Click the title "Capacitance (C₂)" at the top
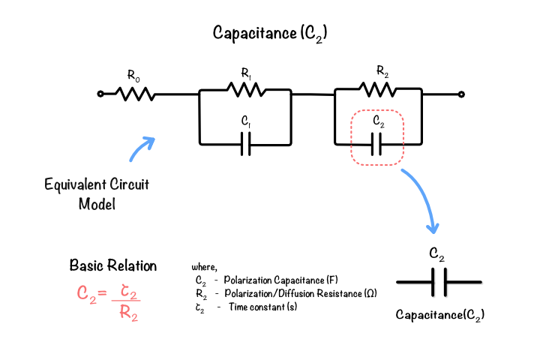click(270, 34)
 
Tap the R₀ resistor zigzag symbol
click(135, 94)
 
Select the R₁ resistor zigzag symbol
click(246, 89)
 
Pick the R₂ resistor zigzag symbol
click(377, 89)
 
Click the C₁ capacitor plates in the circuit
click(245, 144)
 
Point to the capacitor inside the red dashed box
click(376, 144)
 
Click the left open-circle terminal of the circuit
click(100, 94)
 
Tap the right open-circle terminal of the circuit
click(461, 94)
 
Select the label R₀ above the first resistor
click(133, 76)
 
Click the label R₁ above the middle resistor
click(246, 73)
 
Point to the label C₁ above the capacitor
click(245, 121)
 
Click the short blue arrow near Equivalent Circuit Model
click(142, 149)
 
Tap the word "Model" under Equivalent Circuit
click(97, 204)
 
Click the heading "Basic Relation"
click(113, 265)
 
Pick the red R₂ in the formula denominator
click(128, 313)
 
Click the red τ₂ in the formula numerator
click(128, 292)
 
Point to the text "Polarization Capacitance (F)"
click(280, 280)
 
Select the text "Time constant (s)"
click(262, 307)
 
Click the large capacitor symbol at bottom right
click(439, 282)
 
